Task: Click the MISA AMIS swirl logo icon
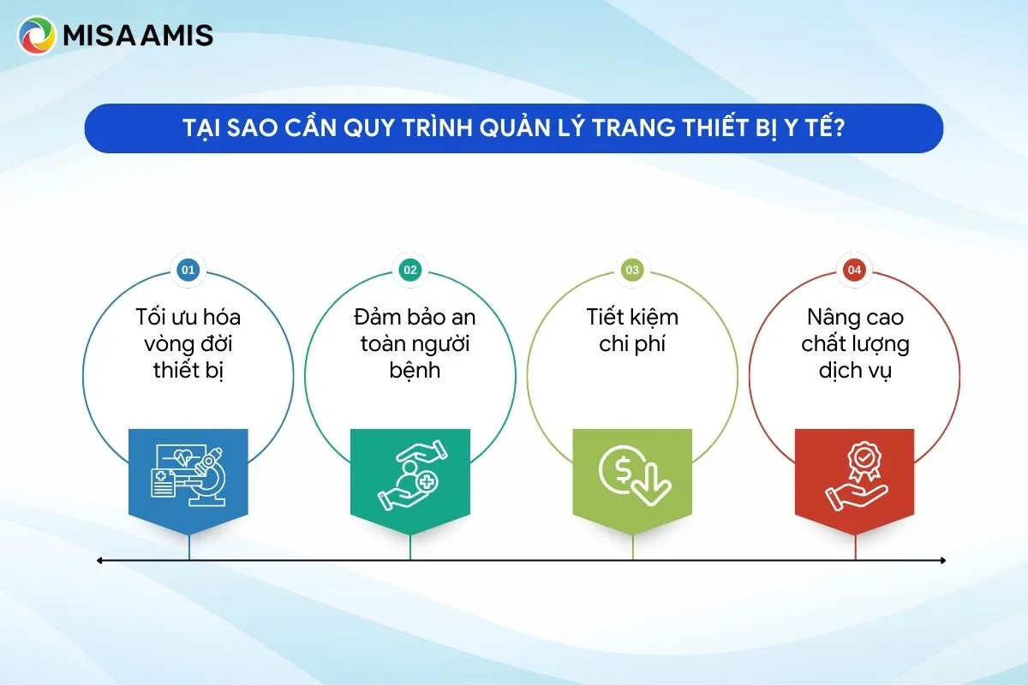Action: click(x=37, y=36)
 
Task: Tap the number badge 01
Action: click(x=188, y=271)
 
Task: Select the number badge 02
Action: click(x=410, y=271)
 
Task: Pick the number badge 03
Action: click(x=632, y=271)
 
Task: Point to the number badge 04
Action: click(x=854, y=271)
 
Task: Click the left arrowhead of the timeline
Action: click(x=100, y=560)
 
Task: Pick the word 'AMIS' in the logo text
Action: click(x=181, y=36)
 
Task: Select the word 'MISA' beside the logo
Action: click(x=103, y=36)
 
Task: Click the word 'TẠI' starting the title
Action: click(x=201, y=129)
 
